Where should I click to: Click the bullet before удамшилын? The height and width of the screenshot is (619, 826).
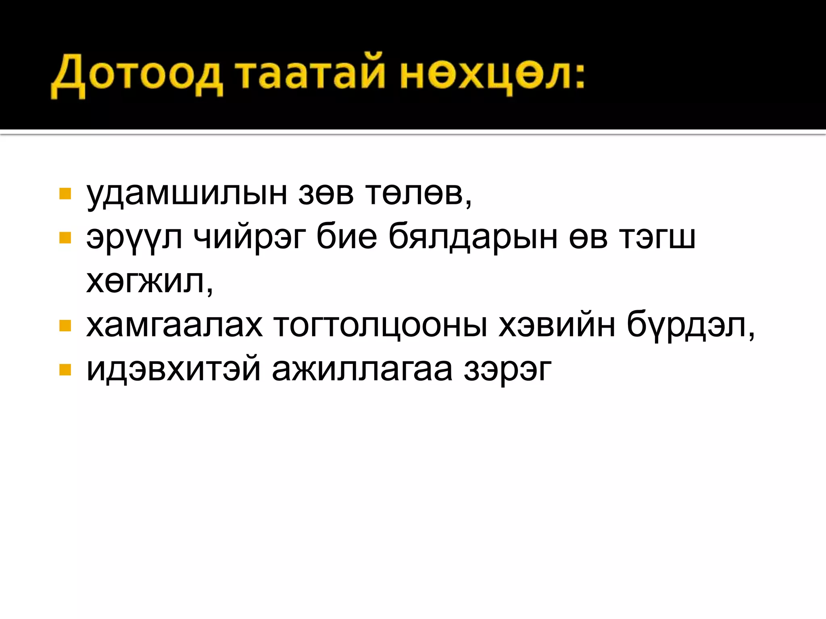point(65,194)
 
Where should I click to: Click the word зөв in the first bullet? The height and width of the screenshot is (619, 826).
point(326,194)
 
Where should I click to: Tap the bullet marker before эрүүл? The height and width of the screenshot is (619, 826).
point(65,238)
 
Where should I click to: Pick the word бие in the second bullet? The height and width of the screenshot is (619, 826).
point(346,238)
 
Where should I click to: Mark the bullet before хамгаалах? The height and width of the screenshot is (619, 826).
point(65,325)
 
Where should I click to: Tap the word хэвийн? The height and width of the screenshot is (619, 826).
point(557,326)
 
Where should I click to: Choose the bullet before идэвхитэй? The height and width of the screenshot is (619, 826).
point(65,370)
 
